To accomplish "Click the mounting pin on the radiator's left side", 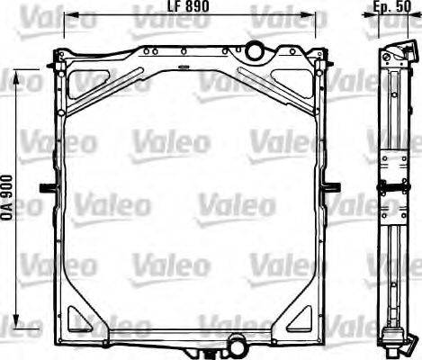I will (45, 187).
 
